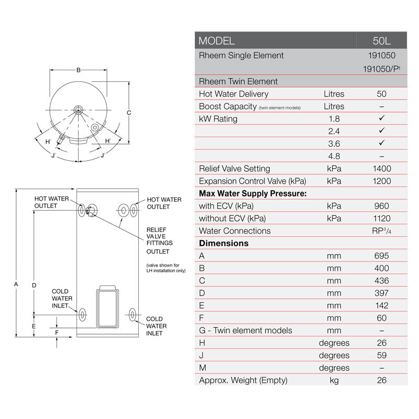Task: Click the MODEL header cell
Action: point(217,41)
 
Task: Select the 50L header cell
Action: point(382,41)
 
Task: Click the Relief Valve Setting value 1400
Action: point(382,169)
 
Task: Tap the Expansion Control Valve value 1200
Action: point(382,181)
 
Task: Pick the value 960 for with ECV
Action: point(382,206)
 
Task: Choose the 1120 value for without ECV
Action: point(382,218)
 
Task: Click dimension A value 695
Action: point(382,256)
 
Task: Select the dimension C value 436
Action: point(382,281)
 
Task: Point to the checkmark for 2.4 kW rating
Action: point(382,130)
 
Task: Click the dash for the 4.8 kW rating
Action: point(382,156)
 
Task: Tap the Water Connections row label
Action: point(235,231)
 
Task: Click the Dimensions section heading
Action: point(224,243)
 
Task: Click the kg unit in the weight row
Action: point(334,380)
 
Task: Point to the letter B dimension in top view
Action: point(78,70)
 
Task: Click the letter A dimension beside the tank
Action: point(16,284)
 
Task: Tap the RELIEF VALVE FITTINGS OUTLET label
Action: point(159,240)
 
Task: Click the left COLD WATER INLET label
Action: point(60,299)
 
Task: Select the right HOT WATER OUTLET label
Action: point(164,203)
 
